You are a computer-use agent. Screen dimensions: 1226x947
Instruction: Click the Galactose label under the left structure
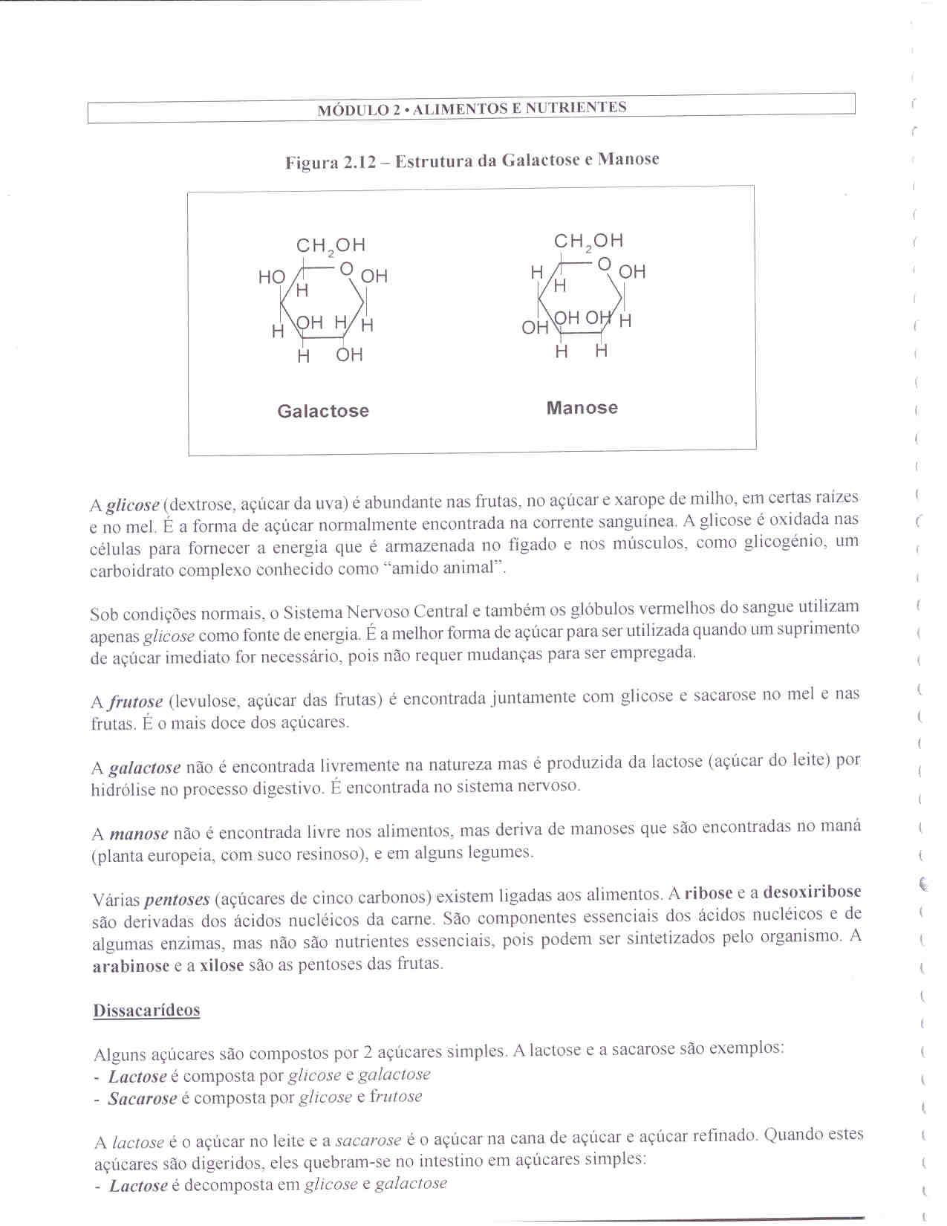[323, 411]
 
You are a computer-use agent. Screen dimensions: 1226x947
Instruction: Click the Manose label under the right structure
[582, 408]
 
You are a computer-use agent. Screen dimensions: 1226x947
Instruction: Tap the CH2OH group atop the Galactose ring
[331, 245]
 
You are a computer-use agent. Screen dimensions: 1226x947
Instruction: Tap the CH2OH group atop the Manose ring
[588, 241]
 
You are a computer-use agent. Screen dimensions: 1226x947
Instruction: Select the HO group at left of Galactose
[271, 277]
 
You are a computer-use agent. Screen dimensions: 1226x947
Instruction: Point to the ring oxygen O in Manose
[604, 264]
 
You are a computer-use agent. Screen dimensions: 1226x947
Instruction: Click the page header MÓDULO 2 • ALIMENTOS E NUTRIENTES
[472, 108]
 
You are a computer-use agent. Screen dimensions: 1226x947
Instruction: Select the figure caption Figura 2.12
[472, 160]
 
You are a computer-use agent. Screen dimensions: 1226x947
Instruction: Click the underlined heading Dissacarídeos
[146, 1011]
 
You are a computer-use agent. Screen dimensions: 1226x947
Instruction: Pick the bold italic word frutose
[136, 701]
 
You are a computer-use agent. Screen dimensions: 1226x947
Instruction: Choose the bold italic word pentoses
[177, 900]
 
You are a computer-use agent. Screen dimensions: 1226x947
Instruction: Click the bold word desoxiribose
[812, 892]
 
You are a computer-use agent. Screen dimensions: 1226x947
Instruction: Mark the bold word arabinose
[131, 967]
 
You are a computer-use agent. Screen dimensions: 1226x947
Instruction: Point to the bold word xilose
[221, 966]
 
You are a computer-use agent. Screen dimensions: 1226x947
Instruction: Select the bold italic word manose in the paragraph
[139, 834]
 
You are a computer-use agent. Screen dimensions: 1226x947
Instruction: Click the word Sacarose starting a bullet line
[143, 1099]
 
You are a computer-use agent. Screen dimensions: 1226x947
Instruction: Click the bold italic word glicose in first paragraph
[133, 506]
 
